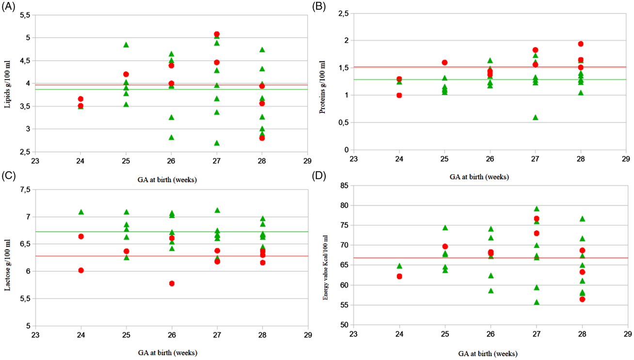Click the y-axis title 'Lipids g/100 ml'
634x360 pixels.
coord(7,84)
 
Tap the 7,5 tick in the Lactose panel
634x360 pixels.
coord(24,189)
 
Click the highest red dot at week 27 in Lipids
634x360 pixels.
coord(217,34)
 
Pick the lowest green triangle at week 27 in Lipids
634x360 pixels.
coord(217,143)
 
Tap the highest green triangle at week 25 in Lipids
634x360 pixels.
coord(126,45)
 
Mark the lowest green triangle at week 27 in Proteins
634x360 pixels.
coord(535,117)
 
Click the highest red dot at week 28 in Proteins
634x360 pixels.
coord(581,44)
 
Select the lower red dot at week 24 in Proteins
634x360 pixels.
coord(399,95)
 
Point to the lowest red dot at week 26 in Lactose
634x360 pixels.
coord(172,283)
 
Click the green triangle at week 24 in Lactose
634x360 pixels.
coord(81,212)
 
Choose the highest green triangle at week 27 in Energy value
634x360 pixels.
coord(537,209)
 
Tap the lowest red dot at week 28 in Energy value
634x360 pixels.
coord(582,299)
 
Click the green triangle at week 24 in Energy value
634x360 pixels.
coord(399,266)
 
